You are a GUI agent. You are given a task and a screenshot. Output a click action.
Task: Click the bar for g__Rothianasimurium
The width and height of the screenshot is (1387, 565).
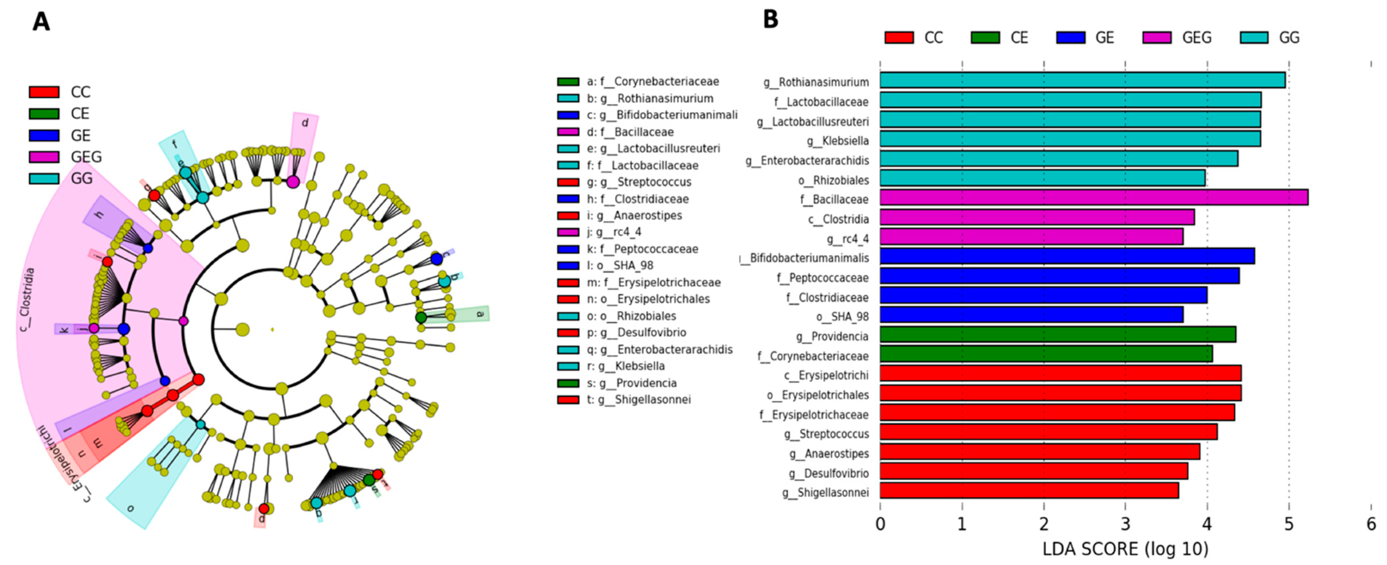point(1082,81)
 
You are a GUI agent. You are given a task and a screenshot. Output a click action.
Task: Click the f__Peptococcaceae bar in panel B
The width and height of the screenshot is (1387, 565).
point(1059,276)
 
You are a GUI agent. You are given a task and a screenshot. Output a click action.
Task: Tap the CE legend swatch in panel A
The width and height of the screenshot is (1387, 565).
point(44,114)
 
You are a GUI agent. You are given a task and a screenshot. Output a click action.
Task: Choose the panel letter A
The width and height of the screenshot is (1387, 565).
point(41,23)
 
